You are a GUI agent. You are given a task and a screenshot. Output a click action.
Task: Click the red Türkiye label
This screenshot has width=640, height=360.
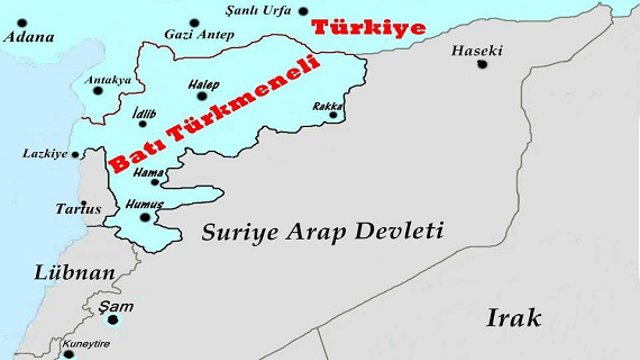tap(368, 27)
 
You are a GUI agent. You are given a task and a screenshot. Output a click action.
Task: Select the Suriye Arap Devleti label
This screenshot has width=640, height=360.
tap(322, 232)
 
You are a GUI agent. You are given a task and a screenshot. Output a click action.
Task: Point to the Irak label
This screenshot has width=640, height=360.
tap(513, 318)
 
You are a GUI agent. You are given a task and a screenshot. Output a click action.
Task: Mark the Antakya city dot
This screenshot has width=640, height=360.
tap(98, 90)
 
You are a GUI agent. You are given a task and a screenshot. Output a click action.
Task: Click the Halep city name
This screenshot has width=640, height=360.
tap(204, 86)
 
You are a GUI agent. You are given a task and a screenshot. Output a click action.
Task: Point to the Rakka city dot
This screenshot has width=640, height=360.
tap(334, 116)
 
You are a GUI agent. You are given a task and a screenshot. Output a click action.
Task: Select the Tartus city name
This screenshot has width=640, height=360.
tap(79, 210)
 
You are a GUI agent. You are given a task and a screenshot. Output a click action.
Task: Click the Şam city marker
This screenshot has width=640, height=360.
tap(113, 320)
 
